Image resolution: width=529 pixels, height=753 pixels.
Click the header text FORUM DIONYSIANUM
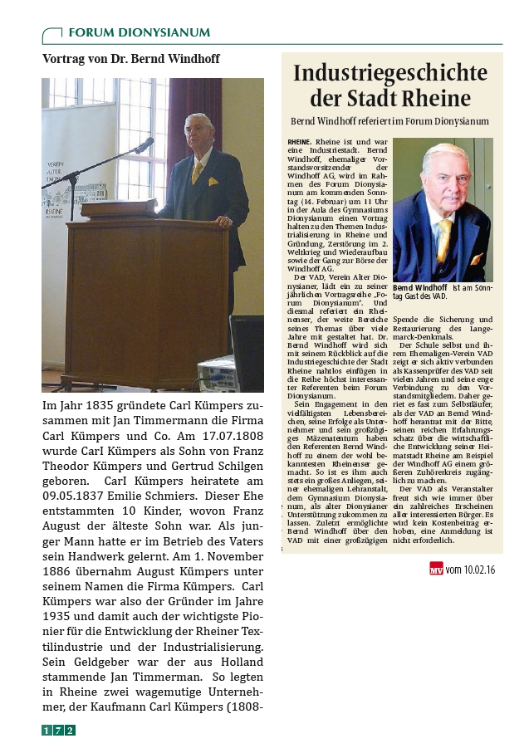[139, 33]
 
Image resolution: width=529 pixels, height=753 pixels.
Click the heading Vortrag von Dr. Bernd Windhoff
[131, 59]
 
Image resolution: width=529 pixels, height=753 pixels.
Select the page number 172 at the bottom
[59, 730]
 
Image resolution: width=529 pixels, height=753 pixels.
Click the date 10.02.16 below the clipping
[478, 570]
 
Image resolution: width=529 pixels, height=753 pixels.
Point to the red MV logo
[436, 570]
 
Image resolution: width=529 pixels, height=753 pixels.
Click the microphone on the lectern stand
[144, 146]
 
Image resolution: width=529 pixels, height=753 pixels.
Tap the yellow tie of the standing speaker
[198, 172]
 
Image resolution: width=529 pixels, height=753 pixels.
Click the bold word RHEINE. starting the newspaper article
[299, 142]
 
